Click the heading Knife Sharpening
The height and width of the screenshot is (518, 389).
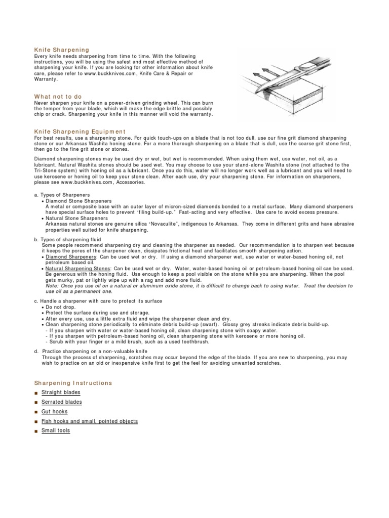coord(61,50)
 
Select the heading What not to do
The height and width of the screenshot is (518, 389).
coord(58,96)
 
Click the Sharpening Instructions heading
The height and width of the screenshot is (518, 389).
coord(73,383)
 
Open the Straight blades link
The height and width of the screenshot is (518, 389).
coord(61,393)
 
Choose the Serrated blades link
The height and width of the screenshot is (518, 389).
coord(62,402)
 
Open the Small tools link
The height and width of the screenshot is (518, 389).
coord(56,430)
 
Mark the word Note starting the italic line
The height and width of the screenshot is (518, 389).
coord(51,286)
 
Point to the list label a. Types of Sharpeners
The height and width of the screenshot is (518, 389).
coord(62,195)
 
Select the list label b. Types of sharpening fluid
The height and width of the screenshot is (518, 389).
coord(68,239)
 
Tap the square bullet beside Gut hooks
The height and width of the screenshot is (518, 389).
coord(36,412)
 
